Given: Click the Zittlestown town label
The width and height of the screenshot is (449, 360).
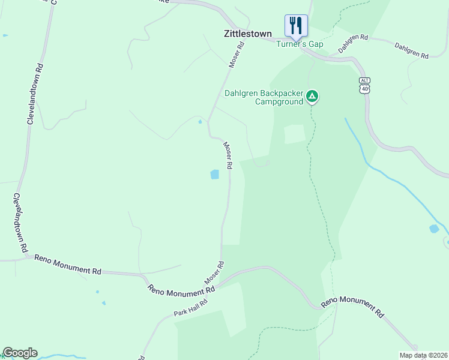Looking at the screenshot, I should (x=247, y=34).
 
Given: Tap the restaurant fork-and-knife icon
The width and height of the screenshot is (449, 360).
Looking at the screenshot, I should (x=296, y=25).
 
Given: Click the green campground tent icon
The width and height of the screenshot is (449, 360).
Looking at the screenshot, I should (x=312, y=96).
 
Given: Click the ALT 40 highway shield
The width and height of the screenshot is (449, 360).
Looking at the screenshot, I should (x=364, y=85).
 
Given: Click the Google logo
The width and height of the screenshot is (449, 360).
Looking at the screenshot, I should (x=20, y=353).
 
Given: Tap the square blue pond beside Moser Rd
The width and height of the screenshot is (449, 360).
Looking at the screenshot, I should (x=214, y=175).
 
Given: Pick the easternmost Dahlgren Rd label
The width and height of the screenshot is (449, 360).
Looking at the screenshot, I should (x=411, y=50).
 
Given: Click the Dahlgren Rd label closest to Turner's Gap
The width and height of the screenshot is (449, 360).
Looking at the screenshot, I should (x=353, y=44).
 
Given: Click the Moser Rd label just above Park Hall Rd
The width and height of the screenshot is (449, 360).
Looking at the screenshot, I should (x=214, y=273).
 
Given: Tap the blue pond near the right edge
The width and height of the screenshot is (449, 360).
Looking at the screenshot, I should (x=434, y=229).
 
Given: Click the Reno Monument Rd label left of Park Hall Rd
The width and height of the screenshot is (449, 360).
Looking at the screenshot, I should (x=181, y=289).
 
